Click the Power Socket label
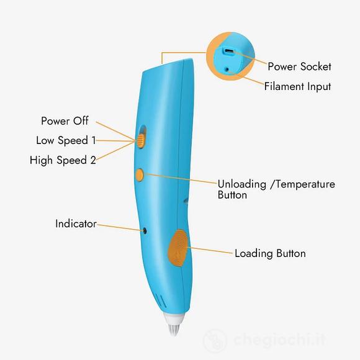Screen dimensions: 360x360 (299, 66)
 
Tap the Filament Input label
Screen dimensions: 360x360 (297, 86)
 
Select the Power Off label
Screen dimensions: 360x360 (65, 121)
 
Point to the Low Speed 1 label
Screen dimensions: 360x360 (66, 140)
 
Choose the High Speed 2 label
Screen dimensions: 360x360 (63, 160)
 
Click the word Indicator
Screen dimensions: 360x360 (76, 223)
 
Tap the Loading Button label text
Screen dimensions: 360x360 (270, 253)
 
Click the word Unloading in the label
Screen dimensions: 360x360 (242, 184)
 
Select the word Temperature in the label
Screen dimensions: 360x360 (305, 184)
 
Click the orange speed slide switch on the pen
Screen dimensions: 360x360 (141, 141)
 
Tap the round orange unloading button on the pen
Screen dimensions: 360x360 (140, 175)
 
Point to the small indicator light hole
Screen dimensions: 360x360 (145, 231)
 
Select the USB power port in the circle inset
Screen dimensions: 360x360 (229, 52)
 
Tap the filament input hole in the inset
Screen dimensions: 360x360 (227, 69)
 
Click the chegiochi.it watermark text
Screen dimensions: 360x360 (280, 340)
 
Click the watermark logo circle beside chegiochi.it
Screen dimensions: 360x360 (215, 340)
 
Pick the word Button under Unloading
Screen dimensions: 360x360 (232, 195)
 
